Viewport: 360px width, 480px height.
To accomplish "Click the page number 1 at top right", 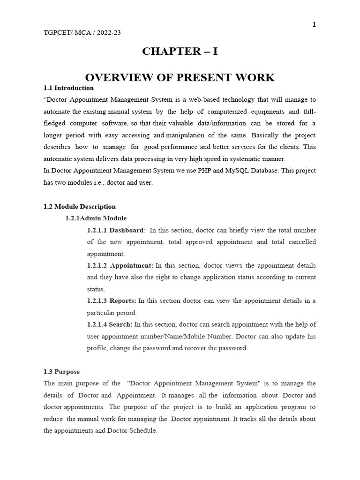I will pos(314,25).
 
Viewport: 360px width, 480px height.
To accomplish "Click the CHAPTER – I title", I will pos(180,52).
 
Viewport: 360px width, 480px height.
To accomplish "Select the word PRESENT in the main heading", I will pos(190,77).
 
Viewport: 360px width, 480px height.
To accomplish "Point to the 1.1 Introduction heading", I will pos(68,88).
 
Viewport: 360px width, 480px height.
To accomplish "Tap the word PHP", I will pos(193,171).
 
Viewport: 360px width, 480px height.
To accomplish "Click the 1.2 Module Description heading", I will pos(79,206).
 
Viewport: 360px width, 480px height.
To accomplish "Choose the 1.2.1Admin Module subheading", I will pos(96,218).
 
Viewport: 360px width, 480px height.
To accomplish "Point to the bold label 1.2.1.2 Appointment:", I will pos(120,265).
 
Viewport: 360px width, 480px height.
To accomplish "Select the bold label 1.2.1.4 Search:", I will pos(110,324).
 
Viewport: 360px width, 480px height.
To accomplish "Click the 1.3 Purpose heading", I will pos(61,372).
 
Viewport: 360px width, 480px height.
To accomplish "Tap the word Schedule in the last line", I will pos(141,430).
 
